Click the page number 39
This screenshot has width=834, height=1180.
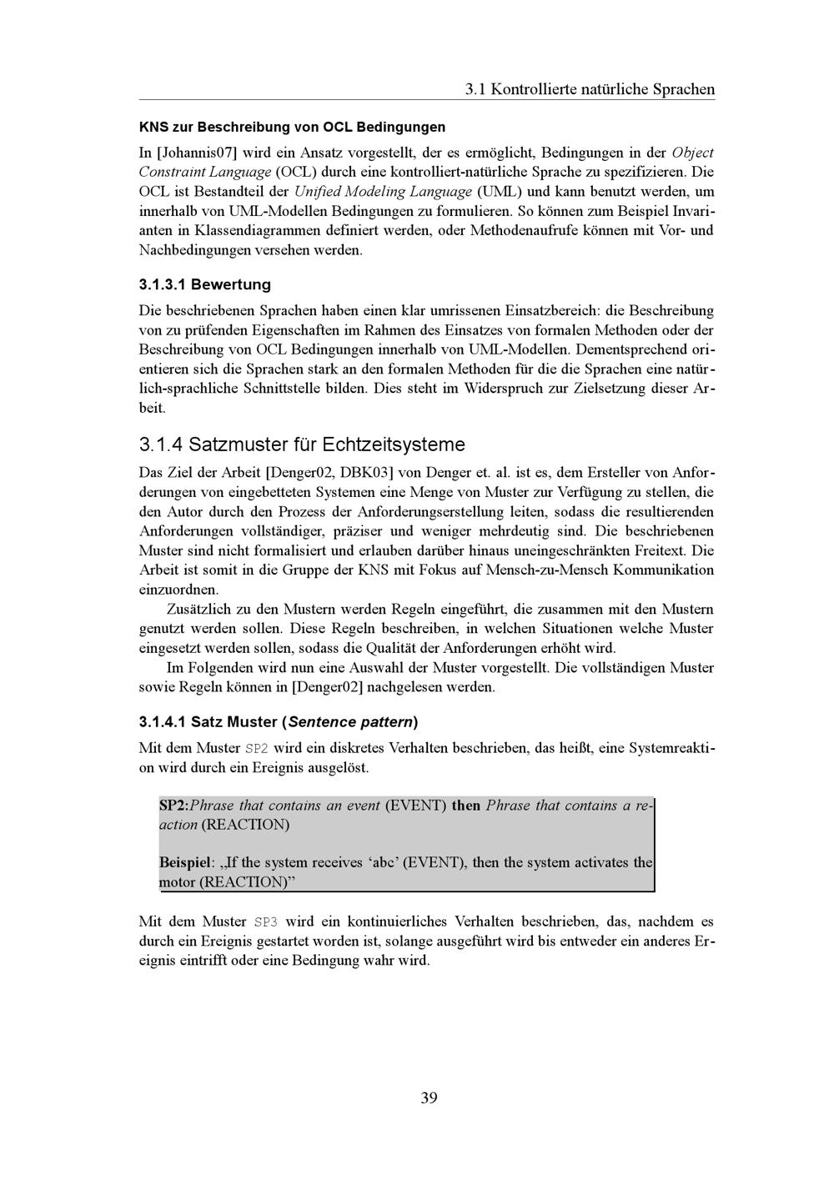429,1097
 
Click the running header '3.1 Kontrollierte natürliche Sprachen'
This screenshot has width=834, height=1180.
590,88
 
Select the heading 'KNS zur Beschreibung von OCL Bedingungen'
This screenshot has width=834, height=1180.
292,127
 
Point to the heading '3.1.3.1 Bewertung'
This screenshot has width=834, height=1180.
204,284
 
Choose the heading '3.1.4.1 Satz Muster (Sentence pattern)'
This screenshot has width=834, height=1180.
278,721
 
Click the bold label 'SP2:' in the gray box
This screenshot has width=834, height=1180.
174,806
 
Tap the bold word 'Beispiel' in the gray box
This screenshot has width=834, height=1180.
183,862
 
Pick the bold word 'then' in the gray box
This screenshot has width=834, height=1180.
465,806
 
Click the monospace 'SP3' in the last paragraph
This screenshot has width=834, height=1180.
264,922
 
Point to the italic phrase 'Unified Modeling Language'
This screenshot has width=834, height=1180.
383,191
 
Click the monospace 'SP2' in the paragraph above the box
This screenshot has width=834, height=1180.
256,748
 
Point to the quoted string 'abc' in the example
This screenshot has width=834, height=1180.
384,862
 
